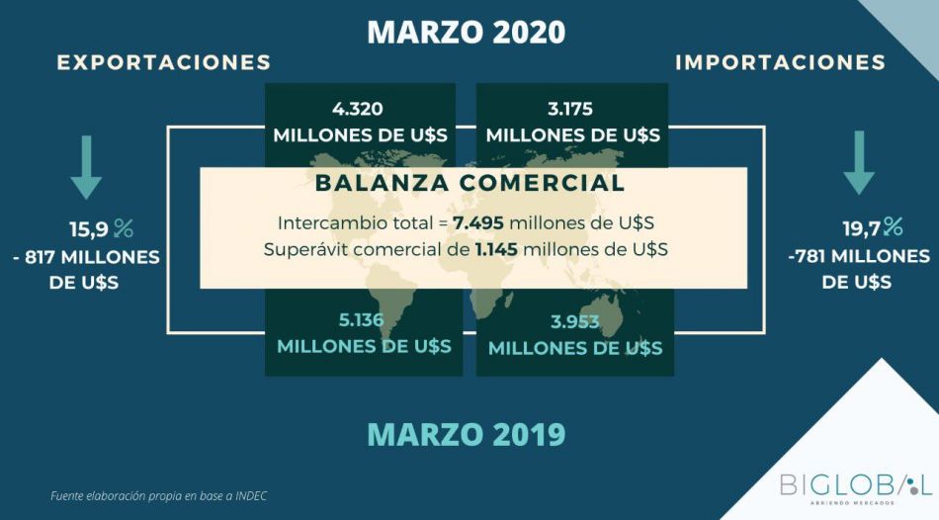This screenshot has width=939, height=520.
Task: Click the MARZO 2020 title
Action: (466, 33)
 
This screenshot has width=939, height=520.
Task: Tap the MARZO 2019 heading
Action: (466, 434)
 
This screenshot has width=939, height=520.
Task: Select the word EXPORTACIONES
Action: (164, 62)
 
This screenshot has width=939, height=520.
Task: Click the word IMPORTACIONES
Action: (780, 62)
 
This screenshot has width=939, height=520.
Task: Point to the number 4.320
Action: (358, 109)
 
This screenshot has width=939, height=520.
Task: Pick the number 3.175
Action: (570, 109)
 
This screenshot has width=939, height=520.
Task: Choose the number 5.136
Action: (361, 320)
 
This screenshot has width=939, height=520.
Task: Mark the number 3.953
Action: (575, 321)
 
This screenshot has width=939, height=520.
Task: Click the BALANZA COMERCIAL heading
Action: (470, 183)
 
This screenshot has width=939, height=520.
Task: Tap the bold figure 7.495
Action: (477, 223)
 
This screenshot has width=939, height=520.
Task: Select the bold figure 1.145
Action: (496, 249)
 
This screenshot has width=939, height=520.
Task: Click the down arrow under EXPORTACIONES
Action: (86, 167)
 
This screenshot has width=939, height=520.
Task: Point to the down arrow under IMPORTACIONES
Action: (859, 163)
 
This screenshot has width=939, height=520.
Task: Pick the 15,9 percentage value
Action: (101, 228)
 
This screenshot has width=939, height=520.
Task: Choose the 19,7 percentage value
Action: (873, 227)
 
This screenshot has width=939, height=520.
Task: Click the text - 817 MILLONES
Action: (86, 258)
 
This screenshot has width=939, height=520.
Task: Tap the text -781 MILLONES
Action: (859, 256)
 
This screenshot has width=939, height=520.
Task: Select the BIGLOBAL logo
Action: (856, 486)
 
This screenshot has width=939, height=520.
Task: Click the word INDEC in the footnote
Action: (251, 496)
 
